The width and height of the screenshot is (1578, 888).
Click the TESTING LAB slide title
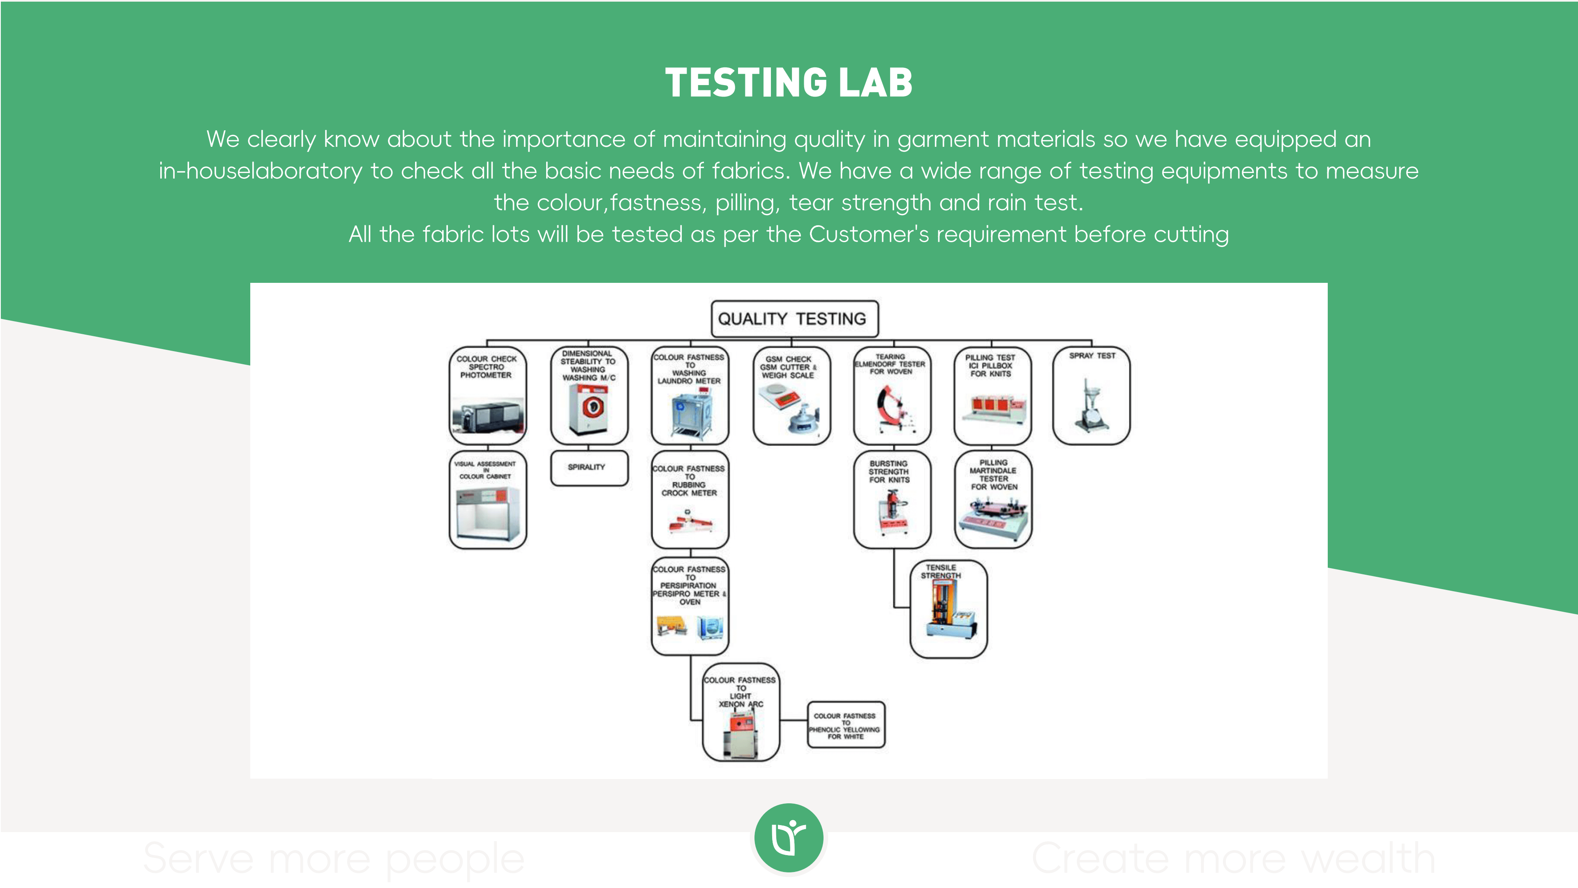pyautogui.click(x=789, y=83)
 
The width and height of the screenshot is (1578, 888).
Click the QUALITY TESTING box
pyautogui.click(x=794, y=319)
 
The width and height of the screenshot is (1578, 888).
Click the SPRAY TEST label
pyautogui.click(x=1091, y=356)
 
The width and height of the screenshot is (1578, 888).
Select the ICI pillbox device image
pyautogui.click(x=993, y=407)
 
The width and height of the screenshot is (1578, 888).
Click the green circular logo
pyautogui.click(x=789, y=838)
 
